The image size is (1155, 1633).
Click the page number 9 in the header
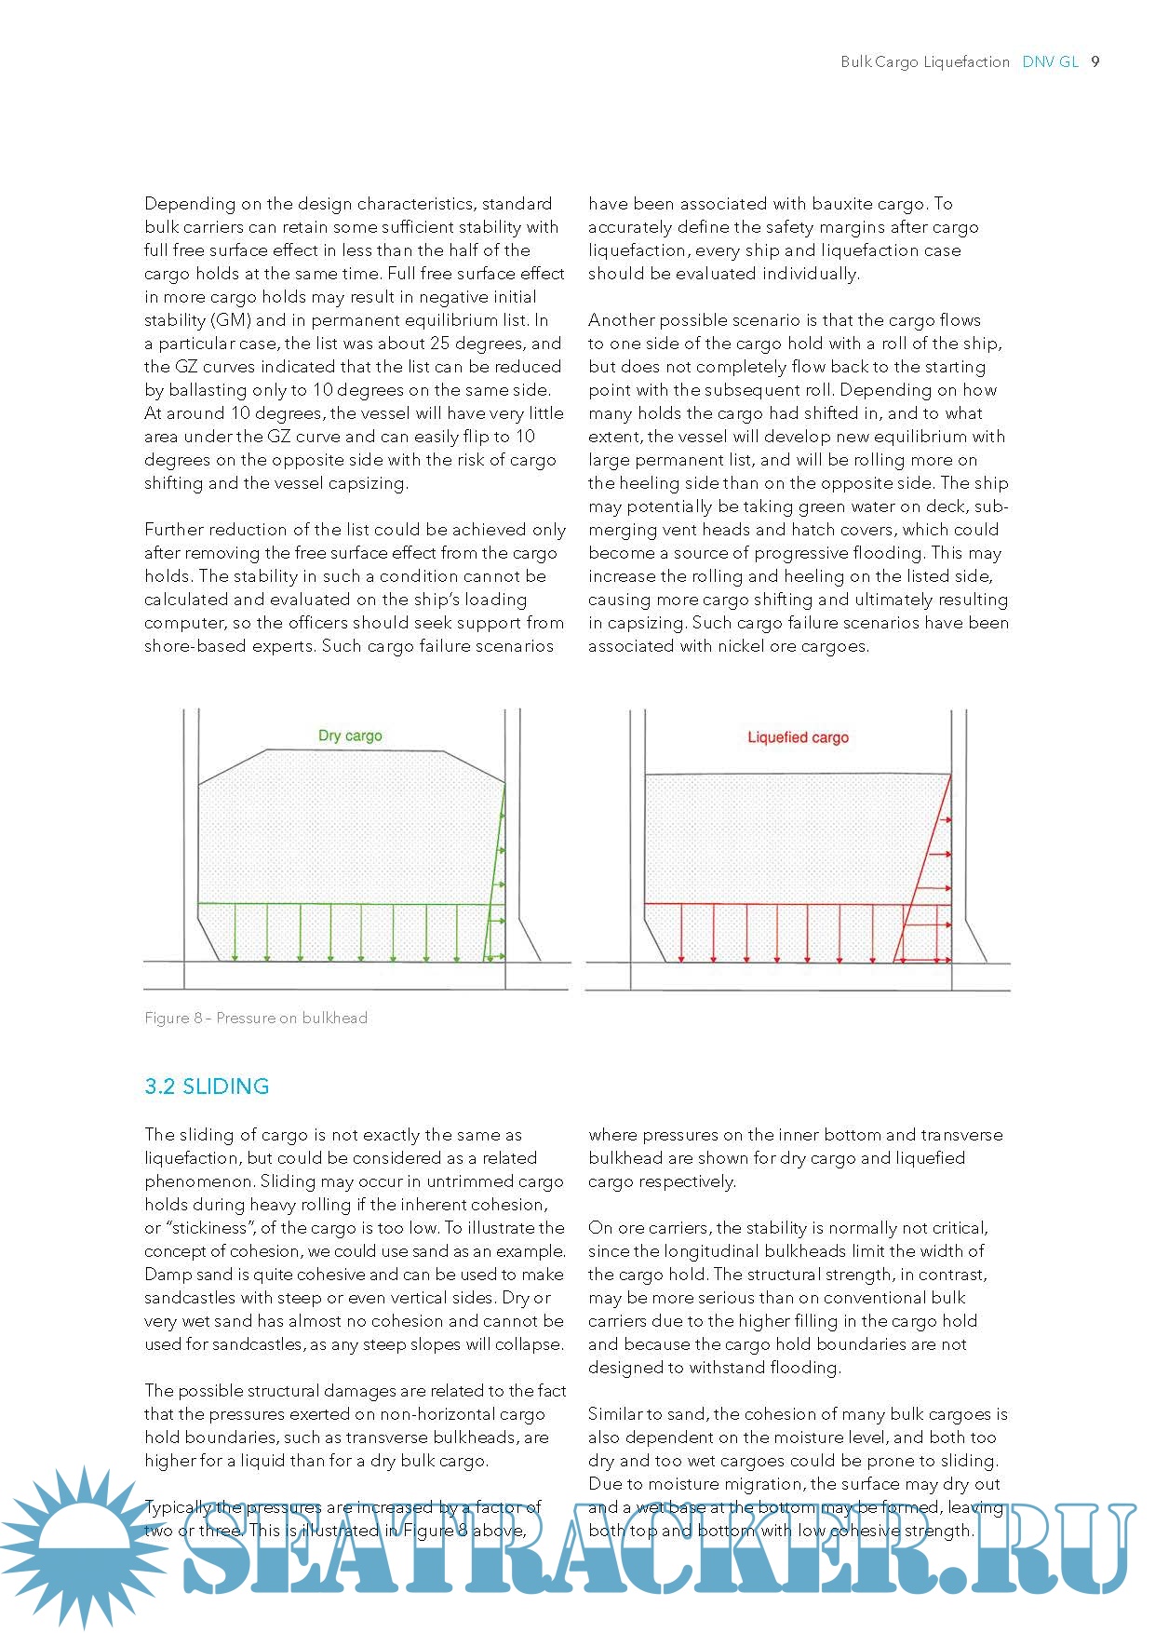(1095, 61)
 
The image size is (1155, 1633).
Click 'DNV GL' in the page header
(1050, 61)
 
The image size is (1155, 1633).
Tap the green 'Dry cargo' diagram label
(350, 736)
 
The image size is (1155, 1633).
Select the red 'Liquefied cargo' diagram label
(798, 737)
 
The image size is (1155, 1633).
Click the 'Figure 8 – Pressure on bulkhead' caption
(256, 1018)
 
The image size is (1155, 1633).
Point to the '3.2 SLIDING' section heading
(207, 1086)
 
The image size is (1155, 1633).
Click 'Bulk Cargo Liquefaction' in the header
(924, 61)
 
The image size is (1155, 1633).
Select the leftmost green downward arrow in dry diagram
(235, 932)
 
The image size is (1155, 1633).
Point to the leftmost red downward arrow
(681, 932)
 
